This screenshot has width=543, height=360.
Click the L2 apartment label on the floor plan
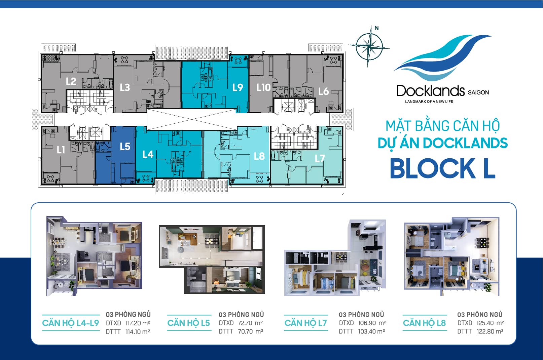(71, 81)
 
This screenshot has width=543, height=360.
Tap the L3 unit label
(125, 87)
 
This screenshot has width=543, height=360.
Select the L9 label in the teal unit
(238, 87)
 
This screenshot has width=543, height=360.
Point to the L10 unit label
(263, 87)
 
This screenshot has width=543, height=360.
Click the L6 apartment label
(323, 91)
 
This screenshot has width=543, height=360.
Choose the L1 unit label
(61, 150)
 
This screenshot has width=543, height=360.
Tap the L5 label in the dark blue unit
(125, 147)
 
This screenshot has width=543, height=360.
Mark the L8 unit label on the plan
(259, 156)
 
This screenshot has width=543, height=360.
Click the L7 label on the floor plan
(320, 158)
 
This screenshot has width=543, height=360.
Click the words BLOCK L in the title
(442, 168)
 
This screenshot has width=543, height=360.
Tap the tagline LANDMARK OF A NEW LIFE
(429, 102)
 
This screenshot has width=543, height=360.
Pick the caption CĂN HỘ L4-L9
(71, 323)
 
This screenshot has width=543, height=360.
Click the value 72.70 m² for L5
(249, 323)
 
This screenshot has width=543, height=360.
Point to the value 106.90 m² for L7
(372, 323)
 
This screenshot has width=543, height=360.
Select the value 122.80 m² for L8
(490, 331)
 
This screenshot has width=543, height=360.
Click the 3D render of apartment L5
(212, 259)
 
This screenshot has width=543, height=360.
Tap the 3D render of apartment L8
(451, 256)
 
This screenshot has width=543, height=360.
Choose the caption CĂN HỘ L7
(305, 323)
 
